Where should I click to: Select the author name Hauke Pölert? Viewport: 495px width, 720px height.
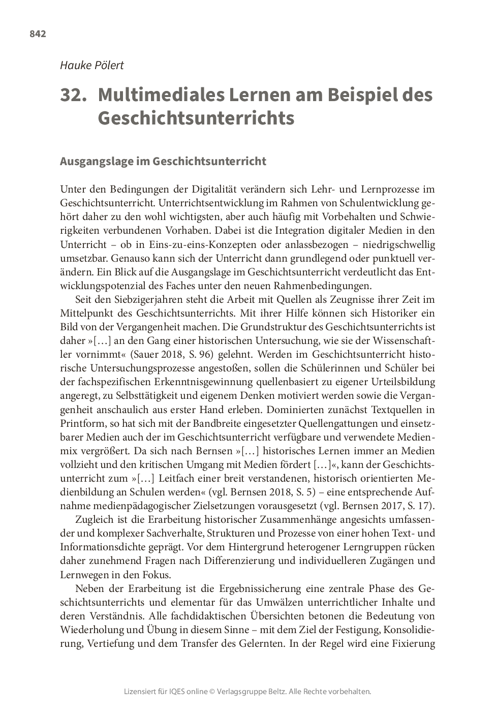(x=92, y=66)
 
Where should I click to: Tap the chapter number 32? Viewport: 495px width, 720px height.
(x=73, y=96)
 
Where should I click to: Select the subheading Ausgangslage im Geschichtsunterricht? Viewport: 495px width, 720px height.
(x=163, y=162)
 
